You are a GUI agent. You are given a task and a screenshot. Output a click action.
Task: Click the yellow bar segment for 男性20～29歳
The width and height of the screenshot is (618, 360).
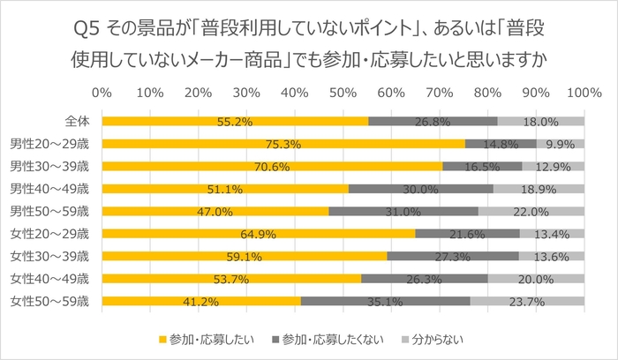click(x=283, y=143)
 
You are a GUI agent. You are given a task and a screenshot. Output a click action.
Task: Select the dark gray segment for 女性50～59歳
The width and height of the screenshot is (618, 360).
click(x=385, y=302)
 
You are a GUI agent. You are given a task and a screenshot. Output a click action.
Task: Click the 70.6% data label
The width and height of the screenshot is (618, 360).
click(x=272, y=166)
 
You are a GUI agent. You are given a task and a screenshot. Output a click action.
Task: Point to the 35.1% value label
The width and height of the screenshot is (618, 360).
click(x=385, y=302)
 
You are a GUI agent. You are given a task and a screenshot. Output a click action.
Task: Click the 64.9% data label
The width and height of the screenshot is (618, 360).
click(x=258, y=234)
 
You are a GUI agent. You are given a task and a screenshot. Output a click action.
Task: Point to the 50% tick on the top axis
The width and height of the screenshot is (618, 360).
click(x=343, y=91)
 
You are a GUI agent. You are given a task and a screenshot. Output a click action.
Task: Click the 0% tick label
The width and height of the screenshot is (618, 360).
click(x=102, y=91)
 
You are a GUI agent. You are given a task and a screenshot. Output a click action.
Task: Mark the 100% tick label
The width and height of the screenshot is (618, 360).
click(x=583, y=91)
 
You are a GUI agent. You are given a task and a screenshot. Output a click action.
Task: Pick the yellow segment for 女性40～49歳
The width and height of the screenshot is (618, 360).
click(x=231, y=279)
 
